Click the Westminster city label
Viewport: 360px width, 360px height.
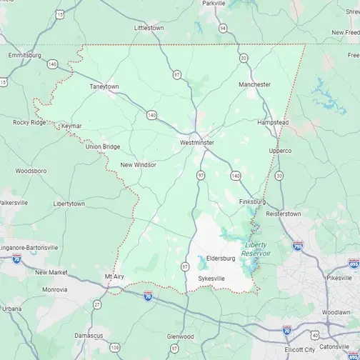click(x=196, y=142)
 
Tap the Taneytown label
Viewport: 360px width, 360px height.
click(x=104, y=86)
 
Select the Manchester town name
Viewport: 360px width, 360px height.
click(x=254, y=84)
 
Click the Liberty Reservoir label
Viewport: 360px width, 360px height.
click(x=255, y=249)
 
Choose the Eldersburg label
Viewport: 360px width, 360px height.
click(x=220, y=258)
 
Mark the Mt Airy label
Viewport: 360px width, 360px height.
click(x=114, y=276)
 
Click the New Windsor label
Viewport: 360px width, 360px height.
click(x=138, y=164)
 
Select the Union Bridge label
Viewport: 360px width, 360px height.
click(x=103, y=146)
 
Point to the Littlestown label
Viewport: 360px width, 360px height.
click(x=149, y=28)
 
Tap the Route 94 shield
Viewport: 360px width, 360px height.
click(x=224, y=29)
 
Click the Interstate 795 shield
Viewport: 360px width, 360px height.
click(x=297, y=246)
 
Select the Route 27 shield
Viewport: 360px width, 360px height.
click(x=97, y=304)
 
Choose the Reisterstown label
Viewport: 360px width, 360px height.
click(x=284, y=214)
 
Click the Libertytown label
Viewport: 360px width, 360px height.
click(x=69, y=204)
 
